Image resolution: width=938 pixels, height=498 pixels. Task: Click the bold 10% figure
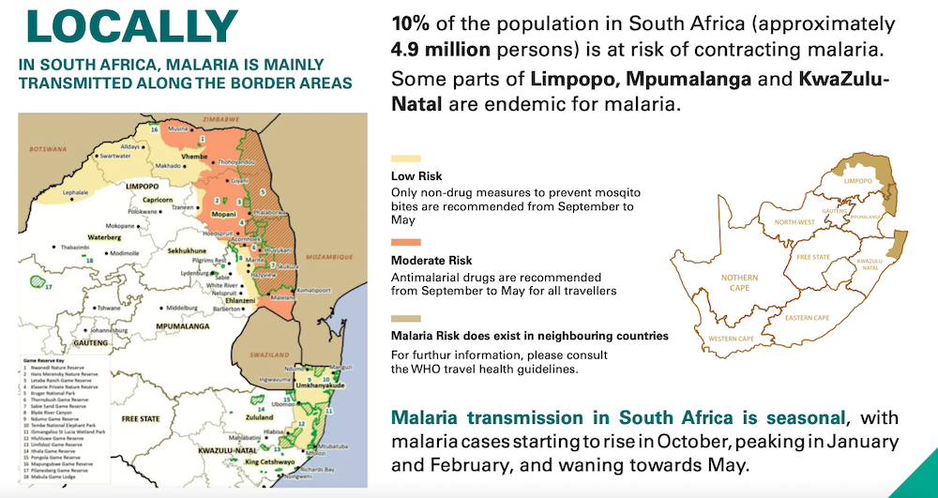click(x=412, y=23)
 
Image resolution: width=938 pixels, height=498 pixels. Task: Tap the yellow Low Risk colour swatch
click(x=405, y=159)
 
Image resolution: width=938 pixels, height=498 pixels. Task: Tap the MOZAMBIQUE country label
click(x=325, y=256)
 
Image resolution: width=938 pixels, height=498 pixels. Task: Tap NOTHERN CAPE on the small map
click(x=739, y=284)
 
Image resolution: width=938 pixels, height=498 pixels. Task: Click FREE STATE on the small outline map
click(x=813, y=256)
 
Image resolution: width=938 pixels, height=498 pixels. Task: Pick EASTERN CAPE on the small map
click(x=808, y=318)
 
